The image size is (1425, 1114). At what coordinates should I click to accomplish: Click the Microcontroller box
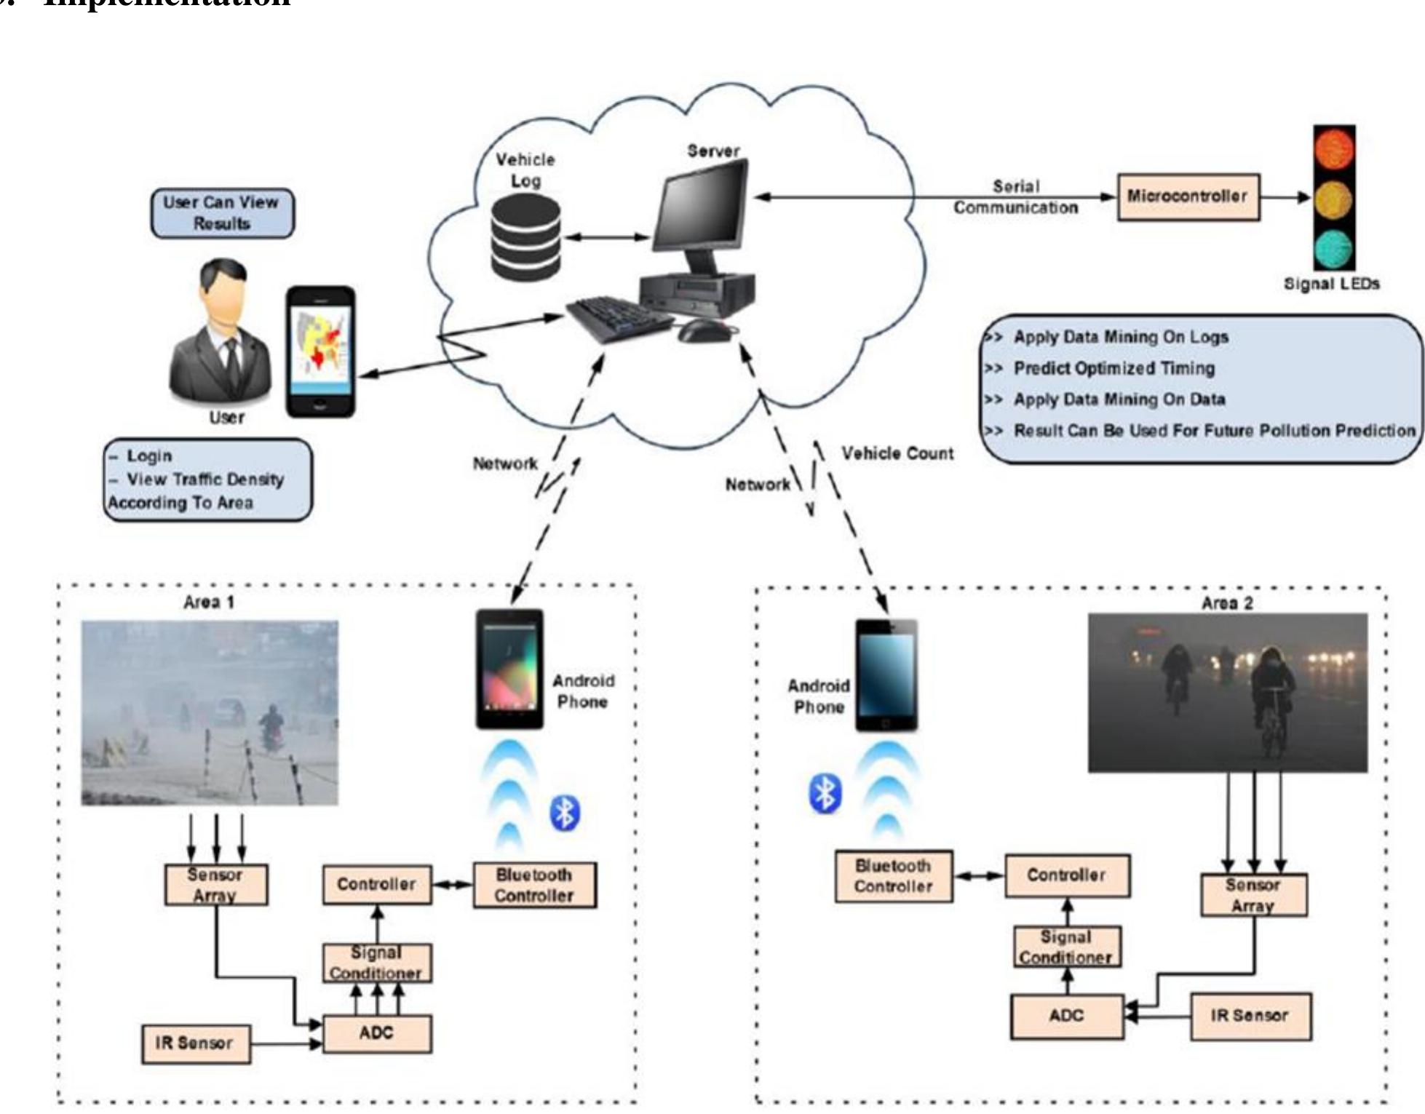click(x=1188, y=196)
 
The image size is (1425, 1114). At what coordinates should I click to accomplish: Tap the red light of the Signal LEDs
click(x=1334, y=148)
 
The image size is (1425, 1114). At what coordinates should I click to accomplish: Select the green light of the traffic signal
click(x=1334, y=247)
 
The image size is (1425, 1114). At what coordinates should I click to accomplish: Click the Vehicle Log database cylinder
click(x=525, y=237)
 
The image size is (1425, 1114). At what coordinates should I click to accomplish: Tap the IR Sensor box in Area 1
click(x=195, y=1043)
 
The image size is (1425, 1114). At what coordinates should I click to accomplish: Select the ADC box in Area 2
click(x=1066, y=1016)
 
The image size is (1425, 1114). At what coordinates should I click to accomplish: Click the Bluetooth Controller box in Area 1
click(x=534, y=885)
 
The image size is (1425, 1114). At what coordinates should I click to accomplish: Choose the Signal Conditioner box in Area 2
click(x=1066, y=947)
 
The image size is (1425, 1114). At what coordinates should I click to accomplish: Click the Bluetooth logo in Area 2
click(x=825, y=793)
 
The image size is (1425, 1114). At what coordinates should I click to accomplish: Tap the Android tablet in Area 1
click(x=509, y=668)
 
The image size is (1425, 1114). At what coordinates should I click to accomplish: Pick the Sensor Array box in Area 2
click(x=1253, y=895)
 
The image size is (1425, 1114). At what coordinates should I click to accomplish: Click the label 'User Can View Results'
click(x=222, y=212)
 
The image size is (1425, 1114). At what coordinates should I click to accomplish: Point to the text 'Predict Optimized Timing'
click(x=1114, y=368)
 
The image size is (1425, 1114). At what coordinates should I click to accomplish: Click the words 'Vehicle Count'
click(x=897, y=453)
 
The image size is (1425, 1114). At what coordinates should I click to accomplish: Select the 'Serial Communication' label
click(x=1016, y=197)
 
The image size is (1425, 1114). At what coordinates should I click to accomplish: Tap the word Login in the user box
click(x=149, y=455)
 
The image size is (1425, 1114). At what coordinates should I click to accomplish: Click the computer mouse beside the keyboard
click(x=704, y=331)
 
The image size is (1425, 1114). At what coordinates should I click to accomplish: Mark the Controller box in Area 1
click(x=376, y=884)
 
